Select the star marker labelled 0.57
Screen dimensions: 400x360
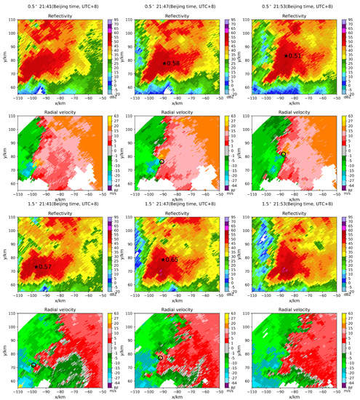point(36,267)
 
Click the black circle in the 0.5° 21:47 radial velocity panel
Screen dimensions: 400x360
point(162,161)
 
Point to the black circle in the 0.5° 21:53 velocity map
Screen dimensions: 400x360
point(284,154)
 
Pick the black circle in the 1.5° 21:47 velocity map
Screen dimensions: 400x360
point(161,358)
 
